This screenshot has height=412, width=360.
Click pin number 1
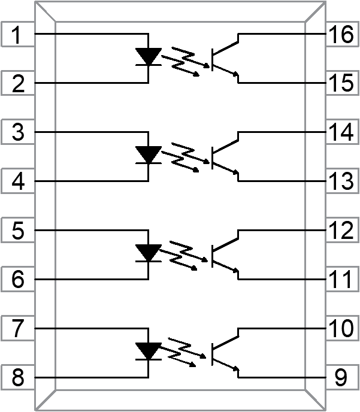(19, 35)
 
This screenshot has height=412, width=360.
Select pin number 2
(19, 84)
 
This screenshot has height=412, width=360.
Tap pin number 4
(19, 182)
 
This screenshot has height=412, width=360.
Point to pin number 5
(19, 231)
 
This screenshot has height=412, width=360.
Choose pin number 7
(19, 329)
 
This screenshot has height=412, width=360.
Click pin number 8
(19, 378)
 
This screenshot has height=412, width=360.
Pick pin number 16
(341, 35)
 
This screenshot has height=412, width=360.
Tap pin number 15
(341, 84)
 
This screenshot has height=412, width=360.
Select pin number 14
(341, 133)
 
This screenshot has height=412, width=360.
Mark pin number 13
(341, 182)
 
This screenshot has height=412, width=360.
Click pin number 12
(341, 231)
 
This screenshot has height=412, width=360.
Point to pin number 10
(341, 329)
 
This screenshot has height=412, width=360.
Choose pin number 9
(341, 378)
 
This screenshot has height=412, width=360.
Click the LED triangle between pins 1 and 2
(148, 56)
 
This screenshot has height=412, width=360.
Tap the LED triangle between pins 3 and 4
(148, 154)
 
